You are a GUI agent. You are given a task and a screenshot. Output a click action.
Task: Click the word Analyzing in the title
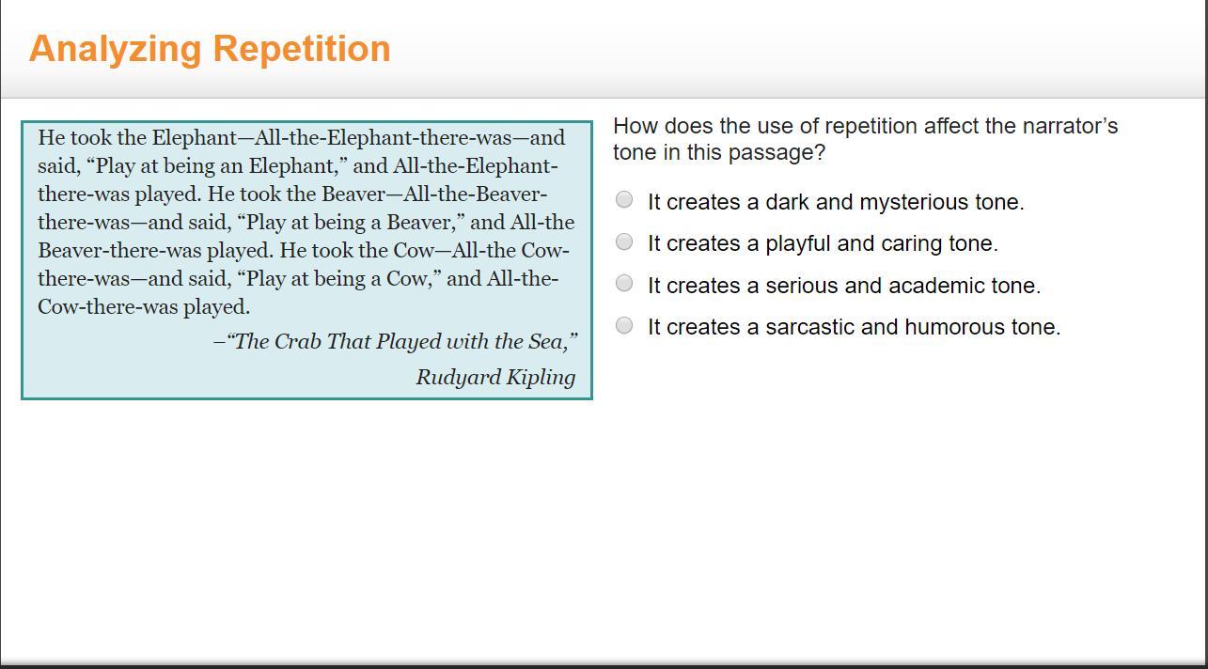click(x=115, y=50)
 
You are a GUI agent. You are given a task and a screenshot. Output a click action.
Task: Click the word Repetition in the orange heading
click(x=302, y=49)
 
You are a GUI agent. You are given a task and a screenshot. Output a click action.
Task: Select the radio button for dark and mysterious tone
click(x=624, y=199)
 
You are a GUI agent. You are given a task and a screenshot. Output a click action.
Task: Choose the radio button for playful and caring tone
click(x=624, y=241)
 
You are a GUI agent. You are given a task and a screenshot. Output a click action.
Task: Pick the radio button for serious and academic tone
click(x=624, y=283)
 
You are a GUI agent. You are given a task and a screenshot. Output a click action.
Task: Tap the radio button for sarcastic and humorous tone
click(x=624, y=325)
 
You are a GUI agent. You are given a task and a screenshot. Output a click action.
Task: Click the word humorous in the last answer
click(x=954, y=327)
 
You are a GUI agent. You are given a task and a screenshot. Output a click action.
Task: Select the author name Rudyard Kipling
click(x=495, y=378)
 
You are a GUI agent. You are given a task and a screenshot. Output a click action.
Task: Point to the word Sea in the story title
click(x=548, y=341)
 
